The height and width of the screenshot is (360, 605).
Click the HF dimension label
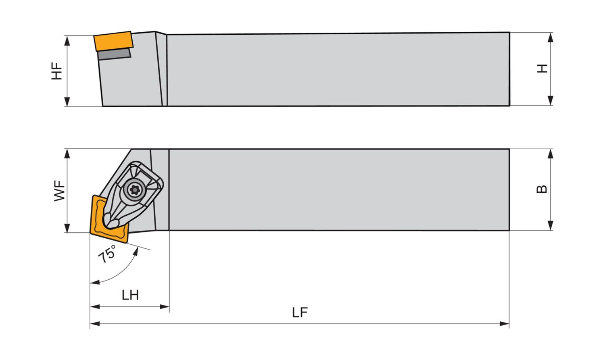[57, 71]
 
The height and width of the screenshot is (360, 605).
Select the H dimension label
[542, 69]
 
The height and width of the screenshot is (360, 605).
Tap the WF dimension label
[60, 191]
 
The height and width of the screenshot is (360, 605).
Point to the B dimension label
[542, 189]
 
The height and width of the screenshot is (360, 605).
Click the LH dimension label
[130, 295]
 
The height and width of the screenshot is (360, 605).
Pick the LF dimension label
[300, 312]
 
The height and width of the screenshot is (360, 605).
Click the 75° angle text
[107, 254]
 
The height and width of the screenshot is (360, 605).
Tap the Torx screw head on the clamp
[134, 190]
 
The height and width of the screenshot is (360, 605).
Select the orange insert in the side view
[113, 41]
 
